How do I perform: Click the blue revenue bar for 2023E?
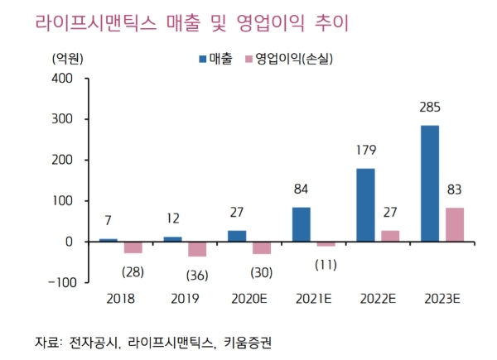[x=430, y=183]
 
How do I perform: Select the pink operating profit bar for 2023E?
[x=455, y=224]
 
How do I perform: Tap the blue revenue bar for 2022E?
[x=365, y=204]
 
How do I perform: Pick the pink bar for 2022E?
[x=390, y=236]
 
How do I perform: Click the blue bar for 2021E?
[x=302, y=224]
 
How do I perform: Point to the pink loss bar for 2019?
[x=197, y=249]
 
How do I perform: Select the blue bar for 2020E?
[x=237, y=236]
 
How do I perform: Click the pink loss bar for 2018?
[x=133, y=247]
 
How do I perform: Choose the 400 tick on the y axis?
[x=62, y=79]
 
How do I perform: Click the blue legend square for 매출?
[x=204, y=59]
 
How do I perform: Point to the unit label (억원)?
[x=66, y=59]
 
